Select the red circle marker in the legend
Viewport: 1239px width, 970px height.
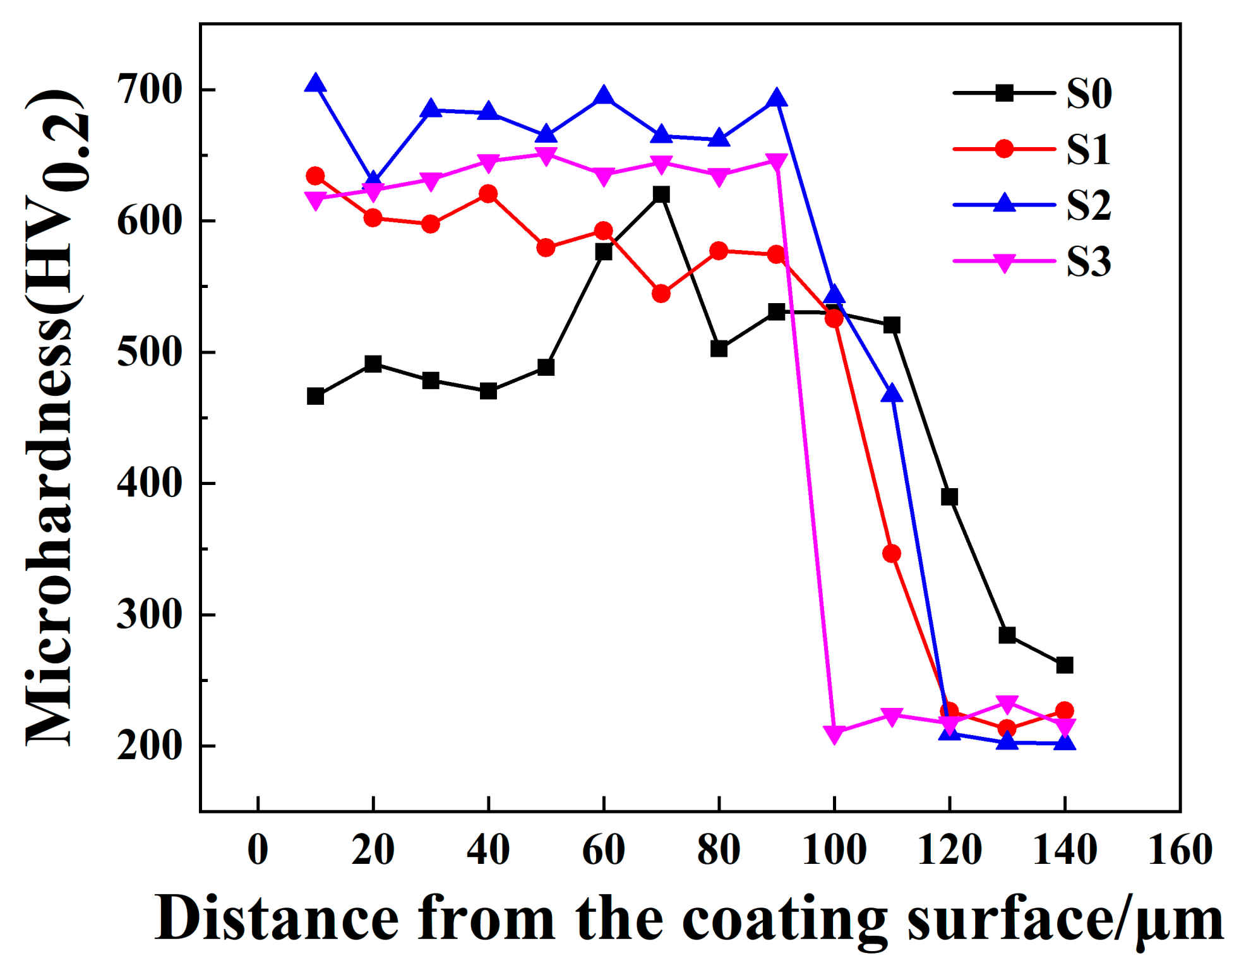[1003, 149]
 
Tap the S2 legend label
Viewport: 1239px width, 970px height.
[1088, 205]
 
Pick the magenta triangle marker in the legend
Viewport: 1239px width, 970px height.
[1003, 262]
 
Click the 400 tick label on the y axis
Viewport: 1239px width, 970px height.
[150, 483]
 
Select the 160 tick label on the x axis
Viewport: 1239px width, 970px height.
[1180, 849]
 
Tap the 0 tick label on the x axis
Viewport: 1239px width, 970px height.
[258, 849]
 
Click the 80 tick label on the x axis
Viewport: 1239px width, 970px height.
[719, 849]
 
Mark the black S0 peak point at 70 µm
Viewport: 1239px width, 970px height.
[661, 195]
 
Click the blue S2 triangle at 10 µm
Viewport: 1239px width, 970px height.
[315, 84]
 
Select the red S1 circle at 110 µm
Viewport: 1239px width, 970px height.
[892, 554]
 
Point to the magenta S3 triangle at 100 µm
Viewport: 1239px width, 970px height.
[834, 734]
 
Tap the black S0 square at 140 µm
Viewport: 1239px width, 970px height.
[1065, 665]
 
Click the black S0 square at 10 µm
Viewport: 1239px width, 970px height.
[315, 397]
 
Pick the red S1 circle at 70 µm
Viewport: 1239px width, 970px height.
[661, 294]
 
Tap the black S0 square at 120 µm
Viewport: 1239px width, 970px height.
[949, 497]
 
